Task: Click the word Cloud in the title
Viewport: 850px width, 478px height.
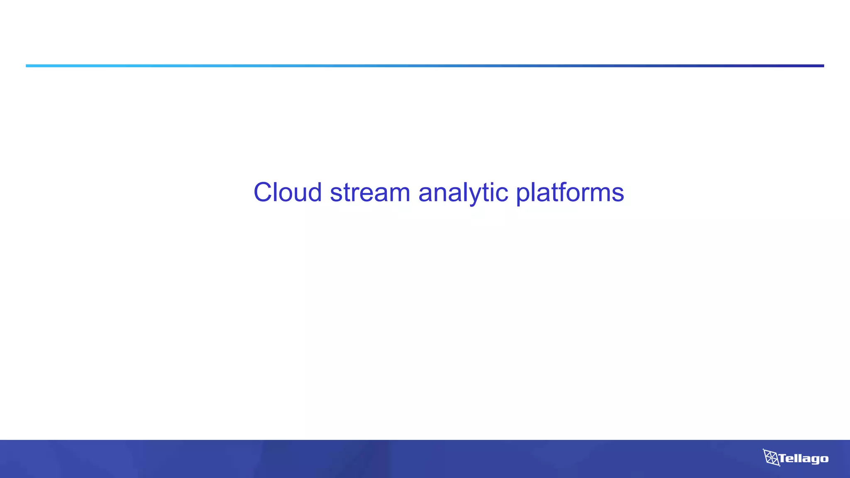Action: (288, 193)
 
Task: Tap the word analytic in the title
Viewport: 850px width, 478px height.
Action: (463, 193)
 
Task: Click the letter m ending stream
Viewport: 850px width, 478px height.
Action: (399, 194)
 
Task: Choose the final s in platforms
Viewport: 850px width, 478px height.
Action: (618, 194)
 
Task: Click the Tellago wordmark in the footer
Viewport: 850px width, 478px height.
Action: (803, 458)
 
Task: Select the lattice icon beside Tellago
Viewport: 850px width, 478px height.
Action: (771, 457)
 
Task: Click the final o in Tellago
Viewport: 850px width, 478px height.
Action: (824, 459)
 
